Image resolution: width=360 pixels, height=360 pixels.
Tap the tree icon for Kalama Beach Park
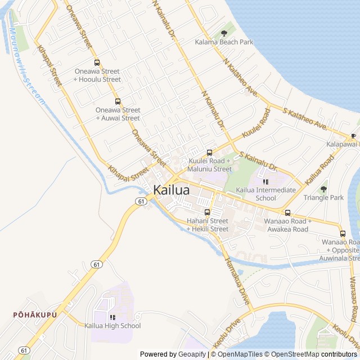coord(224,33)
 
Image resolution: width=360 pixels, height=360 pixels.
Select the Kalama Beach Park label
coord(224,42)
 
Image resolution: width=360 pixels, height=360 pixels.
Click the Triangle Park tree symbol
coord(323,189)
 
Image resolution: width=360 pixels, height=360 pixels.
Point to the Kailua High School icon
coord(112,317)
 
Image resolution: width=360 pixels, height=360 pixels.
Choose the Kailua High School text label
coord(112,326)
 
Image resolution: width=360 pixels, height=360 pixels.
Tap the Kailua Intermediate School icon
coord(266,182)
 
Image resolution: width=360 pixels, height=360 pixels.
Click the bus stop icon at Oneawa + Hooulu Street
coord(97,63)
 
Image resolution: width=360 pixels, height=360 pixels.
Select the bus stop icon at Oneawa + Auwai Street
coord(118,102)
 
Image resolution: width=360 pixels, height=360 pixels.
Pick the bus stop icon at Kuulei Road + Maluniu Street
coord(209,152)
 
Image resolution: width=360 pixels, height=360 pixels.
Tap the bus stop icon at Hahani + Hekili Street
coord(207,212)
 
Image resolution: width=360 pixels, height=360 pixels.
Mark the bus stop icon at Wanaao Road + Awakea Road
coord(287,213)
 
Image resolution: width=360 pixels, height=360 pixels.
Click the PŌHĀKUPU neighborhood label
coord(35,314)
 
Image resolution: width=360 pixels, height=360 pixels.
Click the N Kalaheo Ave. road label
coord(240,77)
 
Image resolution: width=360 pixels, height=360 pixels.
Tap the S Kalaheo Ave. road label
coord(305,119)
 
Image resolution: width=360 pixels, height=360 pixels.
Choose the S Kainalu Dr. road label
coord(259,161)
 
